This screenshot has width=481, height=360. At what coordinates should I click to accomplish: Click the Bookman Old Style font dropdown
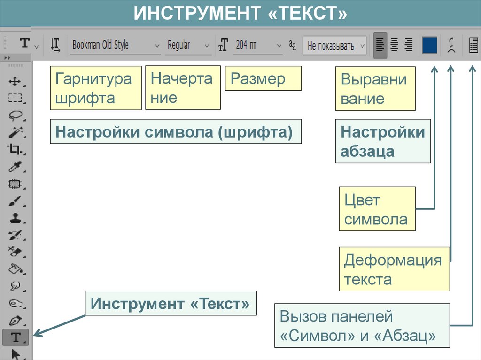[x=115, y=46]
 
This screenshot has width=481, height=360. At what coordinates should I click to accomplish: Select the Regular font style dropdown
[x=188, y=46]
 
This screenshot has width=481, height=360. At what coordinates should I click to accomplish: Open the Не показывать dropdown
[x=334, y=46]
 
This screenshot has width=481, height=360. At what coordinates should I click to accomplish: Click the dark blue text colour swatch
[x=429, y=45]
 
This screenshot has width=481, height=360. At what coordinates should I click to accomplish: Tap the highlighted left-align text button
[x=380, y=45]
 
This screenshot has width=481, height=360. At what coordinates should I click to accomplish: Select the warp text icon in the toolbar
[x=451, y=46]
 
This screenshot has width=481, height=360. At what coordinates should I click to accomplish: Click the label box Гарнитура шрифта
[x=96, y=88]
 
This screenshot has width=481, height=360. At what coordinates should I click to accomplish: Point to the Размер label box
[x=263, y=78]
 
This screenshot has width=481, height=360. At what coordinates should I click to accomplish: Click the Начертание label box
[x=183, y=88]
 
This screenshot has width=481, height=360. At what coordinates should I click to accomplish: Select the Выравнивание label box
[x=375, y=89]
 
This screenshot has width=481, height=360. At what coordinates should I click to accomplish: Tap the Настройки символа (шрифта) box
[x=175, y=132]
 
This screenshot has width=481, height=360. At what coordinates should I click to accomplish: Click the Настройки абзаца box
[x=382, y=141]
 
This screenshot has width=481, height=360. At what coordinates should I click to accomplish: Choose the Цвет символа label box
[x=377, y=209]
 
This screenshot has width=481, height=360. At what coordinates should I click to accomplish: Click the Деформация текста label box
[x=394, y=269]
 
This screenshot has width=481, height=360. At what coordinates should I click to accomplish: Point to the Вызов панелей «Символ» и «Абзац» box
[x=362, y=326]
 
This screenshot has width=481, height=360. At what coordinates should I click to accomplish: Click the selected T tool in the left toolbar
[x=16, y=337]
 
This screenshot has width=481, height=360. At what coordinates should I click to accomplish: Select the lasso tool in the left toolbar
[x=16, y=115]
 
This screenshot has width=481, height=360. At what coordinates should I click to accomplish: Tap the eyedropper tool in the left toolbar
[x=16, y=167]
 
